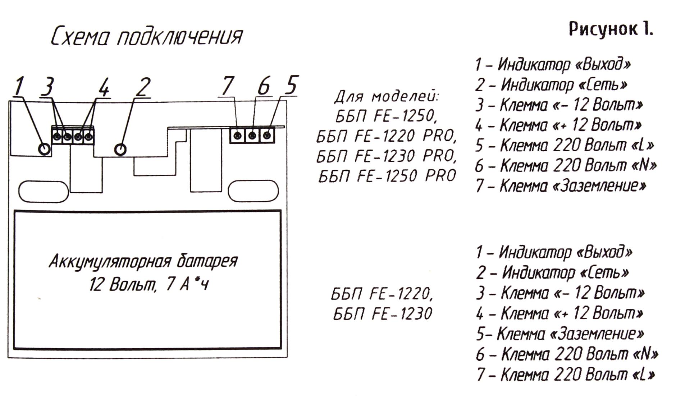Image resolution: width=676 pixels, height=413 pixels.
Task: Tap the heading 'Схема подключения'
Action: point(147,37)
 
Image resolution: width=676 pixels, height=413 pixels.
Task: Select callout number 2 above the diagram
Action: point(143,87)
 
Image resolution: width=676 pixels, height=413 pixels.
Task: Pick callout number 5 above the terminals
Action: point(291,86)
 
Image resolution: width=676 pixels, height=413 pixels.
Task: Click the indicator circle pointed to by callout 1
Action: point(44,148)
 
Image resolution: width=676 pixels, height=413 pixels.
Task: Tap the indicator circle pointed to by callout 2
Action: point(120,149)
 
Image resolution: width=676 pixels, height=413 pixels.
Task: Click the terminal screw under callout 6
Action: point(252,136)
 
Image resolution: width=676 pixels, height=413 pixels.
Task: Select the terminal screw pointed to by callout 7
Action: point(237,136)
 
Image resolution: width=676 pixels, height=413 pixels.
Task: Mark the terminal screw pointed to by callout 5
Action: point(267,136)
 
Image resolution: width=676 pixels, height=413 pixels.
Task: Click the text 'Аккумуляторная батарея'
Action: point(143,261)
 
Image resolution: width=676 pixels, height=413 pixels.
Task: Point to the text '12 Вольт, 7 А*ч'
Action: point(149,285)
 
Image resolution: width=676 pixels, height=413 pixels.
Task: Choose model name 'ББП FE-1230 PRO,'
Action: point(386,156)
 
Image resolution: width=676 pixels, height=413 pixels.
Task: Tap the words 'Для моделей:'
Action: point(387,96)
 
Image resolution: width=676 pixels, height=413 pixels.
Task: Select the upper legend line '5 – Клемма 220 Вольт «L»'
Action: point(564,146)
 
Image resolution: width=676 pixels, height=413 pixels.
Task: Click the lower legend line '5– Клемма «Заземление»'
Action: point(559,334)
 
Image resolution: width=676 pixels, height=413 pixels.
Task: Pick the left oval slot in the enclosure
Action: point(44,191)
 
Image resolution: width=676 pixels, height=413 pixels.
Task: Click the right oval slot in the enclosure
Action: point(253,191)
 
